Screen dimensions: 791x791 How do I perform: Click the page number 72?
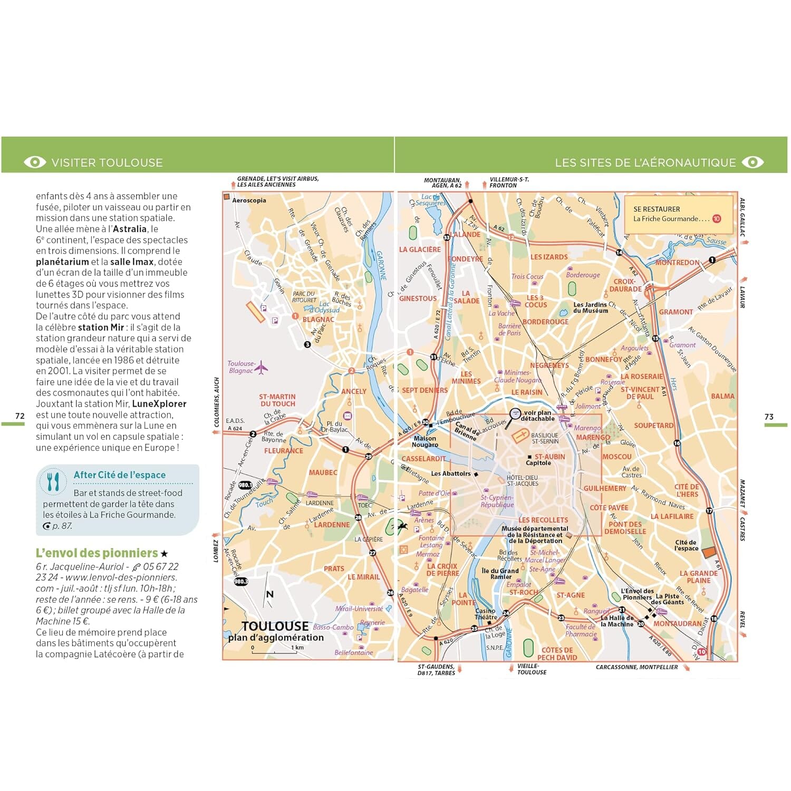pyautogui.click(x=20, y=416)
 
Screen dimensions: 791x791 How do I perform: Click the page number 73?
pyautogui.click(x=769, y=417)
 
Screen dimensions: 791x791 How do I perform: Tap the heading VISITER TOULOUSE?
pyautogui.click(x=107, y=162)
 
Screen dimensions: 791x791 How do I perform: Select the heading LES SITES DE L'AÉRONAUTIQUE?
pyautogui.click(x=645, y=162)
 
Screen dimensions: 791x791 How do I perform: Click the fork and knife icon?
pyautogui.click(x=53, y=481)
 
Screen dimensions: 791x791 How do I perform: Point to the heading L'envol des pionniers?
pyautogui.click(x=97, y=553)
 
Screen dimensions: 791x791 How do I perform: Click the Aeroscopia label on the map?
pyautogui.click(x=249, y=200)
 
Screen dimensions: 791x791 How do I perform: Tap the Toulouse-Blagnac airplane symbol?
pyautogui.click(x=261, y=368)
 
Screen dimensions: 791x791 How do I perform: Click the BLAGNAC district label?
pyautogui.click(x=318, y=319)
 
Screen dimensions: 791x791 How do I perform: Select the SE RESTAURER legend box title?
pyautogui.click(x=657, y=209)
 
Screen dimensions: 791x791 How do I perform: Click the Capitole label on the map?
pyautogui.click(x=538, y=463)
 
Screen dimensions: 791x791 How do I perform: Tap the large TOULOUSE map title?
pyautogui.click(x=275, y=626)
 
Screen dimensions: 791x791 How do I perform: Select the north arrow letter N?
pyautogui.click(x=270, y=594)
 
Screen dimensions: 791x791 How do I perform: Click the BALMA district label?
pyautogui.click(x=722, y=396)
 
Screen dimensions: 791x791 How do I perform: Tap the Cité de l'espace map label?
pyautogui.click(x=687, y=545)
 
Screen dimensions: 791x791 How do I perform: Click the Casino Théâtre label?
pyautogui.click(x=486, y=614)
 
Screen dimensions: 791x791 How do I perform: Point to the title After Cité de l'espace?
pyautogui.click(x=120, y=475)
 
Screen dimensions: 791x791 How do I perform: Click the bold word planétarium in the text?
pyautogui.click(x=62, y=262)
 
